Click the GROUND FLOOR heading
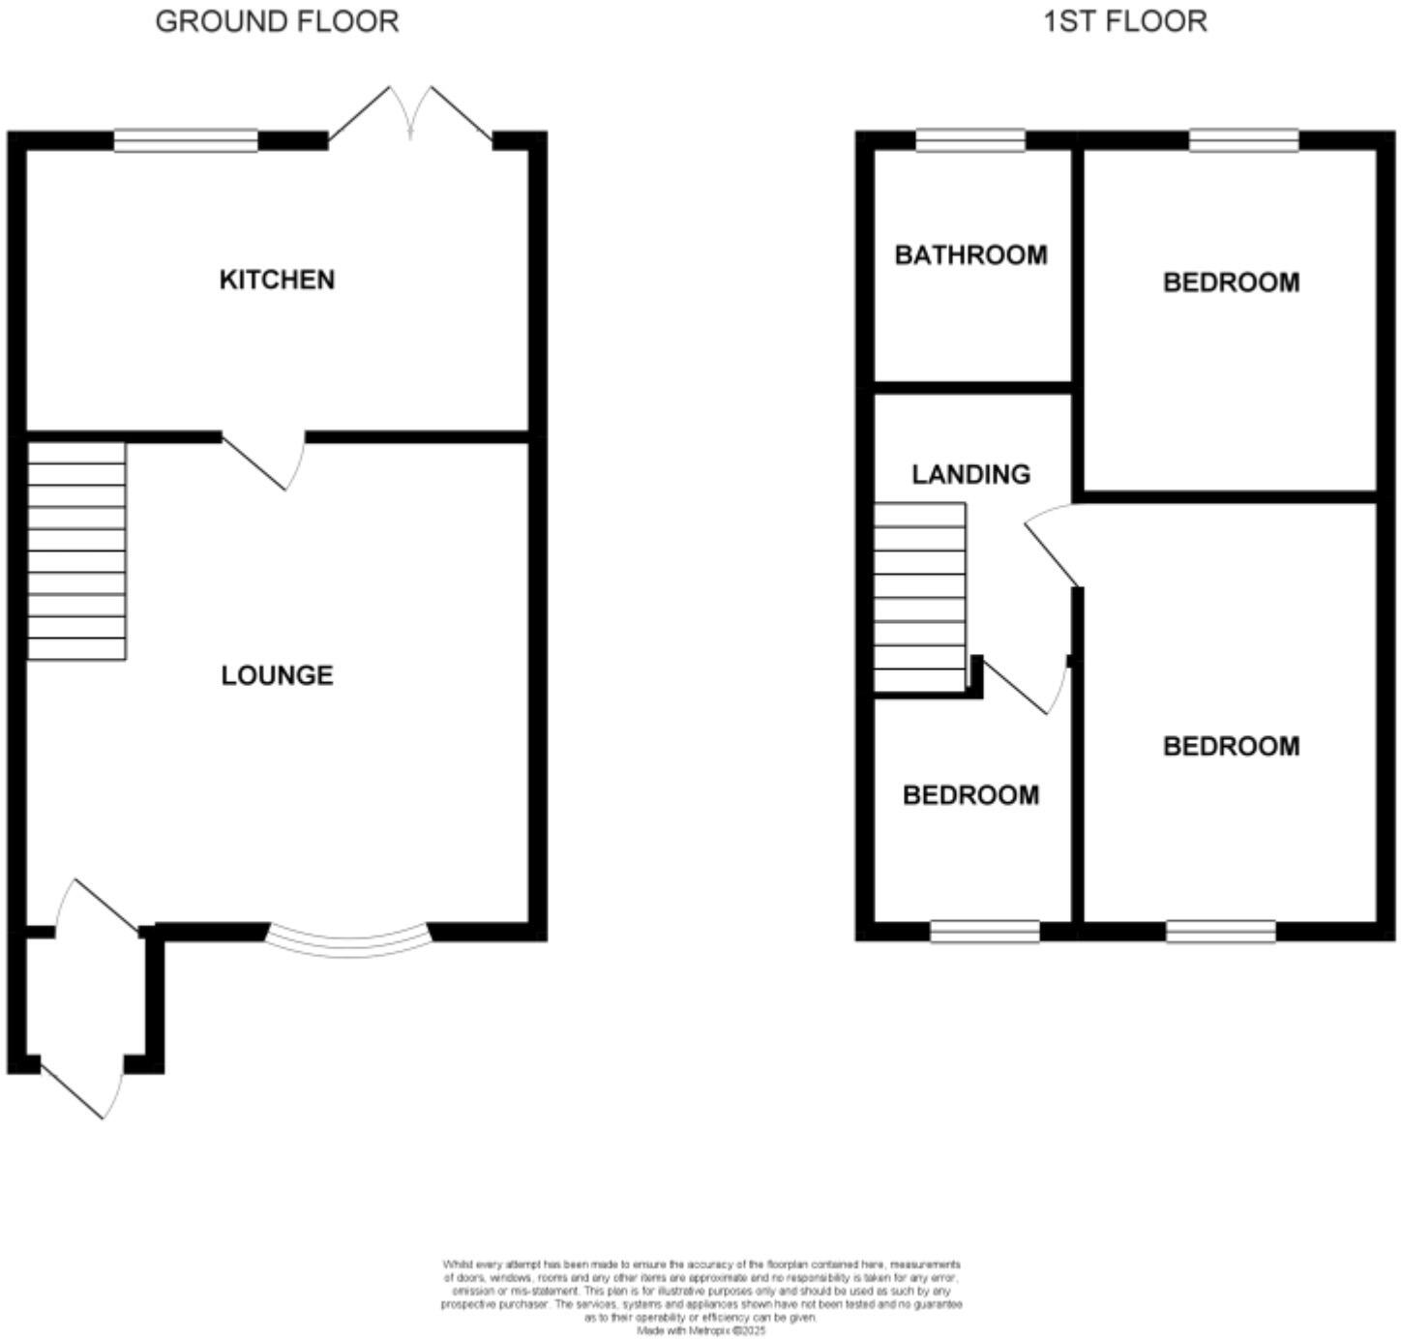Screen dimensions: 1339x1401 pos(277,21)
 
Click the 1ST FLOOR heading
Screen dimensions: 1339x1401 pos(1124,21)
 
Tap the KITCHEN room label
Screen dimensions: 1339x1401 pos(277,280)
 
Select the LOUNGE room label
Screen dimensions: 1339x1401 pos(277,675)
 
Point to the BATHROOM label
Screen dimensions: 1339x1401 pos(970,255)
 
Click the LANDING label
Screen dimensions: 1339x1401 pos(970,474)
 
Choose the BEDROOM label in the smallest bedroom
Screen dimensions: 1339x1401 pos(970,795)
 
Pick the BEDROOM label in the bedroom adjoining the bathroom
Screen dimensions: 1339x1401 pos(1231,283)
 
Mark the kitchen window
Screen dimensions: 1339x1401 pos(186,141)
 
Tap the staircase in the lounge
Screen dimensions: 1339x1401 pos(76,551)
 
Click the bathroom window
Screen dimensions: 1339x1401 pos(970,141)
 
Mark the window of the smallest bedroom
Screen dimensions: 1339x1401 pos(985,932)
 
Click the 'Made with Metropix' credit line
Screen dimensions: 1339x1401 pos(700,1330)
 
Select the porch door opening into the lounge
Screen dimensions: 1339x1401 pos(97,906)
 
